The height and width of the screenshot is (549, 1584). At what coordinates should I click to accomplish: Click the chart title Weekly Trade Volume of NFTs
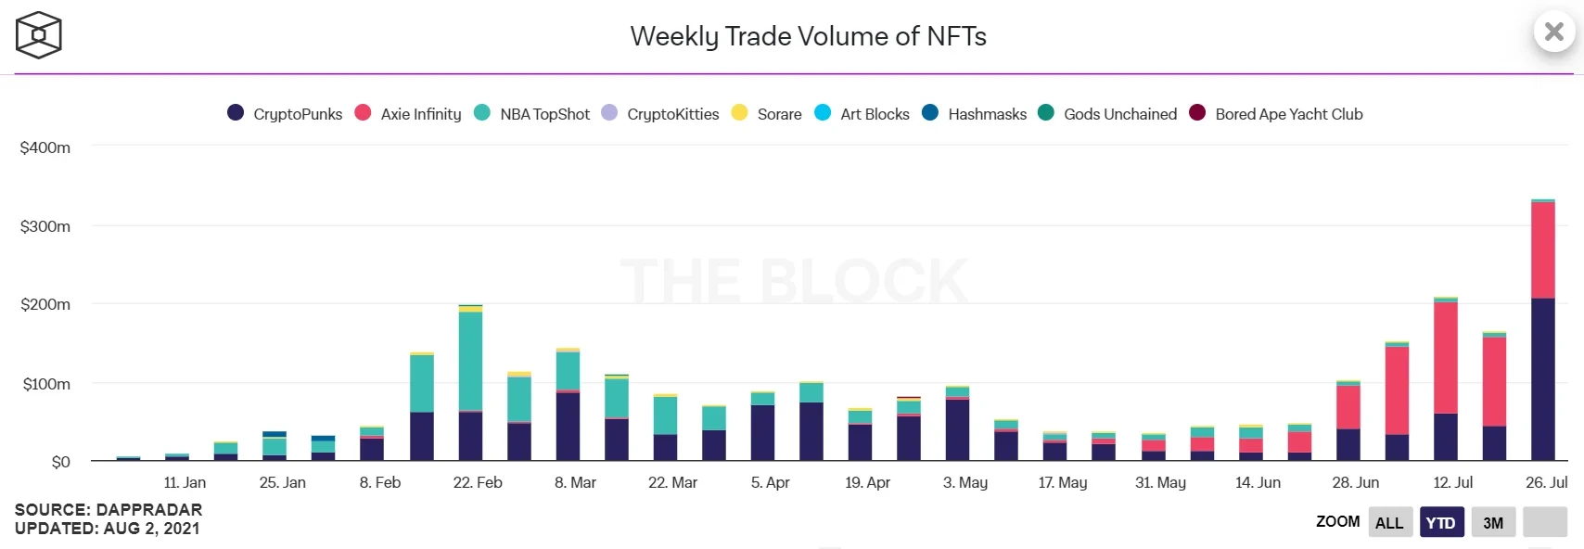808,36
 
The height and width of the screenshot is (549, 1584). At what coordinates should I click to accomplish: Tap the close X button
1554,32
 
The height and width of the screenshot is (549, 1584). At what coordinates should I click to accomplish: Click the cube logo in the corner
38,35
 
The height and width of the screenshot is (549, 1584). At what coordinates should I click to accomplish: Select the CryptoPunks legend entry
286,114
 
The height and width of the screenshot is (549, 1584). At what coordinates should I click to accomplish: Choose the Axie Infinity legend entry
409,114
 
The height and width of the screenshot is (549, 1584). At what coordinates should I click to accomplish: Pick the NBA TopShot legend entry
532,114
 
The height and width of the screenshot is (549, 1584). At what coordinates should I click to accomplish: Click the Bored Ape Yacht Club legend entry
1277,114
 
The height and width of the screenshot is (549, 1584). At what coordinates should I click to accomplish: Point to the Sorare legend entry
767,114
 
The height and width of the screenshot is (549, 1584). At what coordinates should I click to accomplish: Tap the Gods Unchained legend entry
1108,114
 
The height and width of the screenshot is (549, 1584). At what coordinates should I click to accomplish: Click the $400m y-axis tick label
45,147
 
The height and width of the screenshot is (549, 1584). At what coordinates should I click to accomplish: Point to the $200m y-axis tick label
45,304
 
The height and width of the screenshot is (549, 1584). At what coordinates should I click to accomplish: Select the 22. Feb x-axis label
478,482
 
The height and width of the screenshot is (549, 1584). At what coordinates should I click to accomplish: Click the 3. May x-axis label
965,482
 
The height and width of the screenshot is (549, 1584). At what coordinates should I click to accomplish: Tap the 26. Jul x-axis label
1546,482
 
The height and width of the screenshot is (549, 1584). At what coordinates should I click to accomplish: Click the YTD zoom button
1440,522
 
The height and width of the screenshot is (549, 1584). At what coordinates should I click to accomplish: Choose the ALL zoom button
1389,522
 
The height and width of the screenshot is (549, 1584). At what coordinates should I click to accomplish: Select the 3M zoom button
1493,522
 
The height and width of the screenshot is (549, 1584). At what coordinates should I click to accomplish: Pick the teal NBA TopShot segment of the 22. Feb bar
470,362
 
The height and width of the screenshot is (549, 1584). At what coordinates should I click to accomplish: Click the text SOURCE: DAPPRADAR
109,510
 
